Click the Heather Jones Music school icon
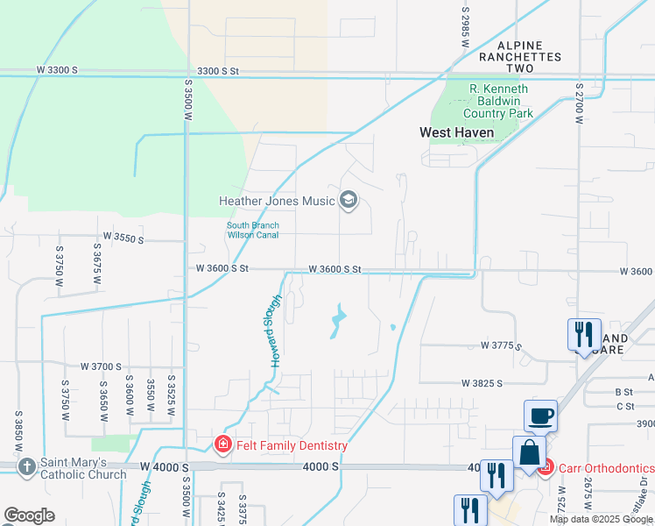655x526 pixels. (349, 201)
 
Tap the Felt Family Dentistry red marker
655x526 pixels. (223, 444)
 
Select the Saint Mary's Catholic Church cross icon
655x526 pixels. (27, 467)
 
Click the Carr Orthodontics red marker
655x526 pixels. (545, 468)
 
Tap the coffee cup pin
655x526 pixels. (540, 416)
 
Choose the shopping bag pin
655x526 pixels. (529, 454)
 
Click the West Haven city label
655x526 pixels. (456, 132)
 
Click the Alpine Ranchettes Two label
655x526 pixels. (520, 56)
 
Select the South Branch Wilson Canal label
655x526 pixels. (253, 230)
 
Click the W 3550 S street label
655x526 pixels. (123, 237)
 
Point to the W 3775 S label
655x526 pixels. (502, 346)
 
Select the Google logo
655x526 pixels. (29, 515)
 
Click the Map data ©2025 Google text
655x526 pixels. (601, 519)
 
